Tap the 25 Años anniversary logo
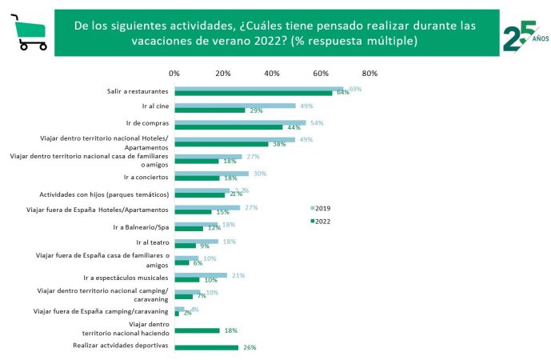point(523,35)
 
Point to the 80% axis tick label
point(369,74)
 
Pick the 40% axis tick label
point(272,74)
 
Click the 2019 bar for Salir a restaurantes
point(258,89)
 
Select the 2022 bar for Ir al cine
point(210,110)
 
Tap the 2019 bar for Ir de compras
point(240,123)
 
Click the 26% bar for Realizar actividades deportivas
point(206,347)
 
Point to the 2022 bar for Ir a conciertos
point(196,178)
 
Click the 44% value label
point(293,128)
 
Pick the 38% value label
point(279,145)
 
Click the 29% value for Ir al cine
point(257,110)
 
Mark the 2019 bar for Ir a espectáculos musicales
point(200,275)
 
